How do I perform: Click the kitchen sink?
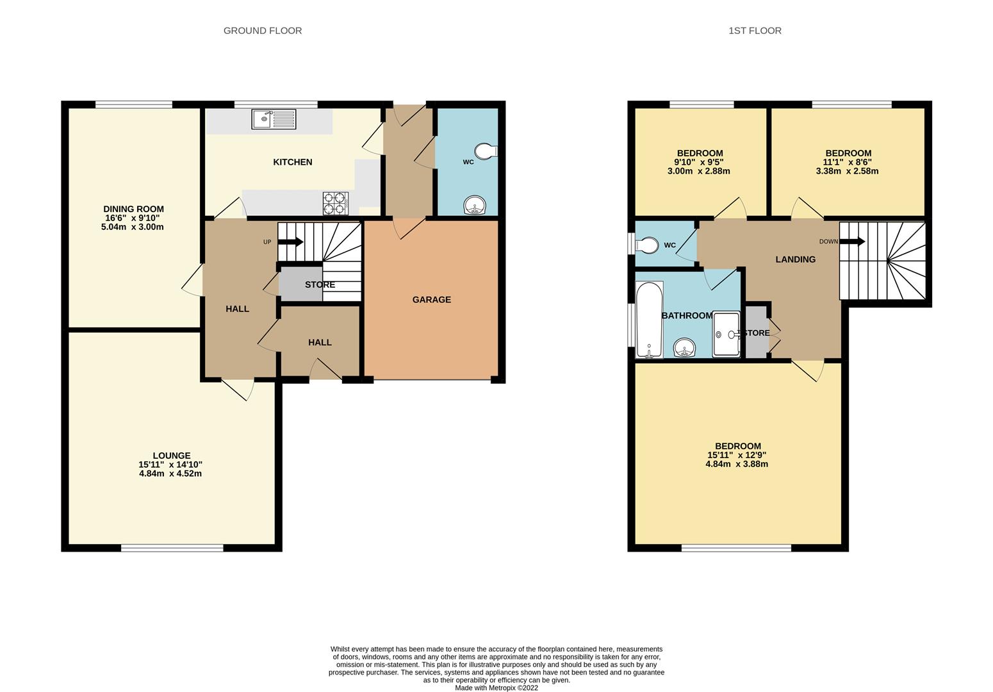click(274, 119)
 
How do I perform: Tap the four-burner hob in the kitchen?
click(335, 204)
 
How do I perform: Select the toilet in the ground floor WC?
click(486, 151)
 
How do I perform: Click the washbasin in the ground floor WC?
click(475, 205)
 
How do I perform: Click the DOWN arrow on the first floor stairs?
click(852, 242)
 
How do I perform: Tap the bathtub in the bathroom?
click(650, 320)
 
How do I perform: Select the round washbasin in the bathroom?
click(684, 347)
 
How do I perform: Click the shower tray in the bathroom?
click(726, 334)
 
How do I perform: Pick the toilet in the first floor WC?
click(647, 245)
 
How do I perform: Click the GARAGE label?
click(431, 300)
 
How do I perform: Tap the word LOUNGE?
click(172, 456)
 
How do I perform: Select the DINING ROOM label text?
click(133, 209)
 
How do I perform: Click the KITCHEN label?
click(293, 162)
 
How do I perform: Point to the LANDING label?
click(795, 259)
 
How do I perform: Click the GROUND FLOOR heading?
click(263, 31)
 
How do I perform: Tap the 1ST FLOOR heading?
click(755, 31)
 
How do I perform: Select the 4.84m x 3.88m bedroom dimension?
click(737, 464)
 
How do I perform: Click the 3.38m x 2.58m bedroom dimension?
click(847, 171)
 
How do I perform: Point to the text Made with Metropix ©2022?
click(496, 688)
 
